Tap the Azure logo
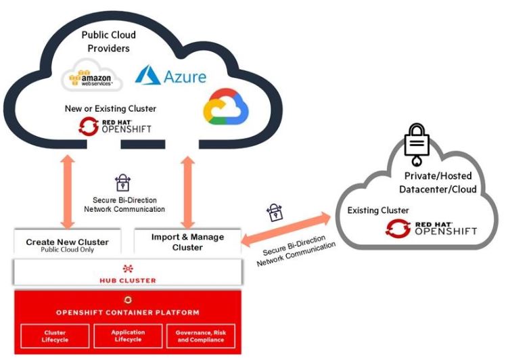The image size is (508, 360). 170,76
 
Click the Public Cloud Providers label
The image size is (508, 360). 108,42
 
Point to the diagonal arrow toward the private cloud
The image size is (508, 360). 287,228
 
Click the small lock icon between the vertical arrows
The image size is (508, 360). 123,182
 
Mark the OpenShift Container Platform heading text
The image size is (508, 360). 128,313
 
